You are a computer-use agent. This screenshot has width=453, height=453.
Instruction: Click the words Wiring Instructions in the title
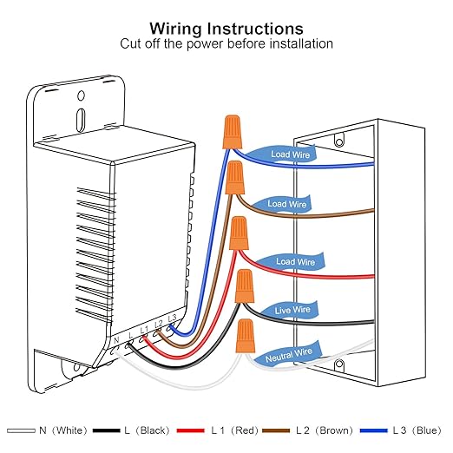coord(226,29)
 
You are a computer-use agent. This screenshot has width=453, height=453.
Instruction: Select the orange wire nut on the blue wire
coord(232,132)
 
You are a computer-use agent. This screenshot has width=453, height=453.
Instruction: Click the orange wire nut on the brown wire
coord(235,178)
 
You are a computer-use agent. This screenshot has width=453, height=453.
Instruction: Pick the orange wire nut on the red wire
coord(239,233)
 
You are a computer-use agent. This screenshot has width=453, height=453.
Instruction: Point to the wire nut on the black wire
coord(245,286)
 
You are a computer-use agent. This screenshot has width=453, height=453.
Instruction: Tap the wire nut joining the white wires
coord(246,336)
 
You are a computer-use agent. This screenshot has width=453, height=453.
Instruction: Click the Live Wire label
coord(292,310)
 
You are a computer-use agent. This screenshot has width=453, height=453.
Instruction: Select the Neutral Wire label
coord(289,355)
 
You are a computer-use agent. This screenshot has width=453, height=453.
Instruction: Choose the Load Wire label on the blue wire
coord(290,154)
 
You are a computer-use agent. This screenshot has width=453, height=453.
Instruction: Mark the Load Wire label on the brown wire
coord(286,204)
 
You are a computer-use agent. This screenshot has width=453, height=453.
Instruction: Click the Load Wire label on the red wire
coord(295,262)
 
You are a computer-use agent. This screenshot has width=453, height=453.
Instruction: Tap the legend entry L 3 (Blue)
coord(417,430)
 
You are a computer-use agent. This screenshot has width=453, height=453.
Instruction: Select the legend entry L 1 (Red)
coord(234,430)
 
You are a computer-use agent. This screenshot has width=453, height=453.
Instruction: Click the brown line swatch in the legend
coord(276,430)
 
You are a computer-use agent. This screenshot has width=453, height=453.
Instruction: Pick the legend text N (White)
coord(63,430)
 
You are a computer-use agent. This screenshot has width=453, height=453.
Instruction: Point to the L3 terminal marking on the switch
coord(172,318)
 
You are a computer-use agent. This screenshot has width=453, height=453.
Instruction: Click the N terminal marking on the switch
coord(116,340)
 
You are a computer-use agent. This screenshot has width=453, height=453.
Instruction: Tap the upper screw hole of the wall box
coord(339,141)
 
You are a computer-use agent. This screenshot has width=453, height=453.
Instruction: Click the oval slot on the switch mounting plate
coord(81,120)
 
